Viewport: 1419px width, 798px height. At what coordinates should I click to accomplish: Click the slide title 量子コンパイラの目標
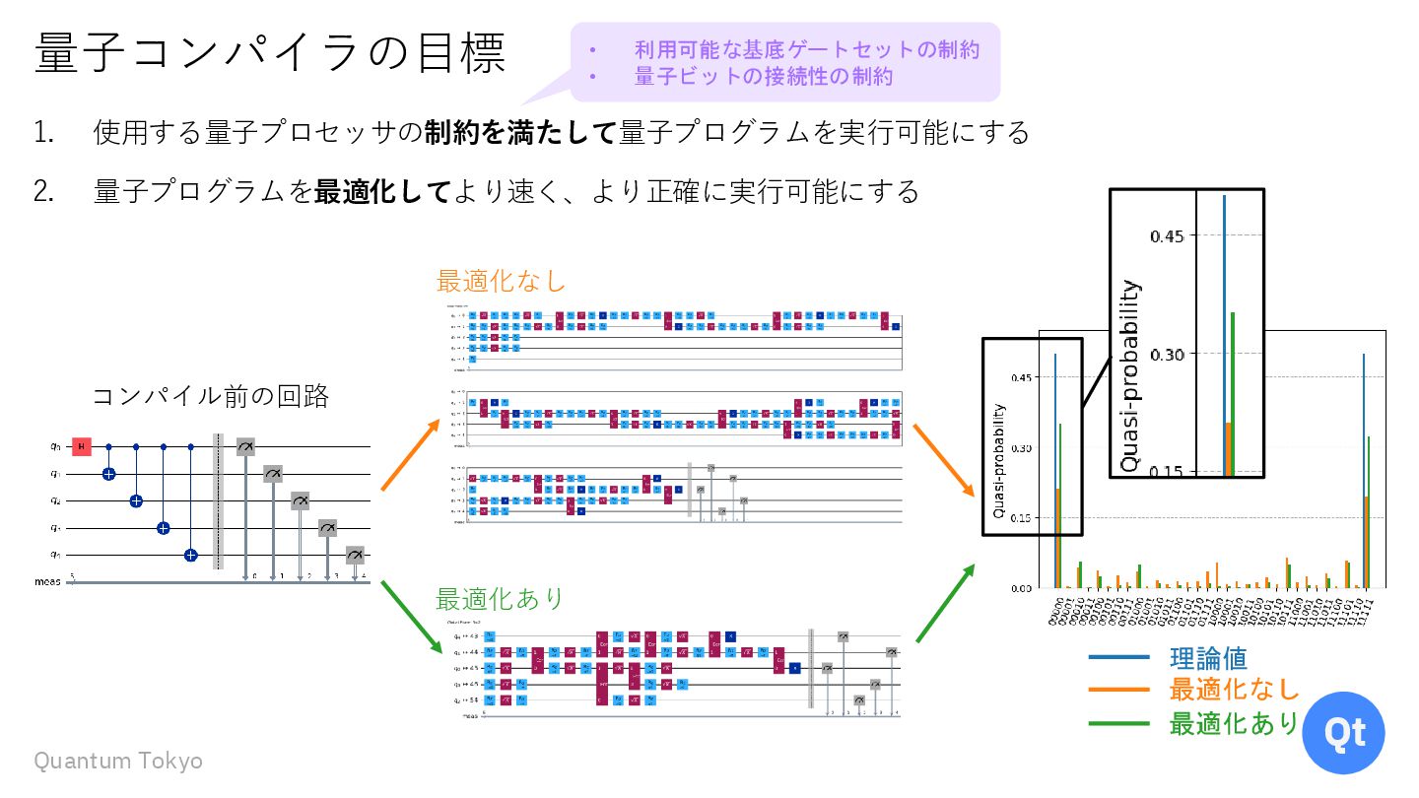270,53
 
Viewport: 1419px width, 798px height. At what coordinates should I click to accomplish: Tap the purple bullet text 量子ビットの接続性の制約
764,76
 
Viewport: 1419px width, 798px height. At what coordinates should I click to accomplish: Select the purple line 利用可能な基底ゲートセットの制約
807,48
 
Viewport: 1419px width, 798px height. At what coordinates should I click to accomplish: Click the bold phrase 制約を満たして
520,132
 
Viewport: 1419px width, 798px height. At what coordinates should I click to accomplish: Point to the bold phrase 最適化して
381,190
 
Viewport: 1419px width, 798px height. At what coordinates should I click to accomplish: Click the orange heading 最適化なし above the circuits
501,281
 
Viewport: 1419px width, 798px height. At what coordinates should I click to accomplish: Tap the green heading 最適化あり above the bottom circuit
501,598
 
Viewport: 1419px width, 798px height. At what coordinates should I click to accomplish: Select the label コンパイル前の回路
210,396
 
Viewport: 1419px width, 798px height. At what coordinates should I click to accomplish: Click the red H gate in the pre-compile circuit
82,447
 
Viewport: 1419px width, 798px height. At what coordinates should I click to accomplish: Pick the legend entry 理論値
1207,657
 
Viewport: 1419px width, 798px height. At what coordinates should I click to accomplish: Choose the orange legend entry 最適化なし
1234,690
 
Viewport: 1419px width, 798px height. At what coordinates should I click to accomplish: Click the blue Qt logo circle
1343,732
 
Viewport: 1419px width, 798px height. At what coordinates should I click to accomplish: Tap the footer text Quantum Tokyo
118,761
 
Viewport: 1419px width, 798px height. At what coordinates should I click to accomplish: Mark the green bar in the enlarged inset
1232,394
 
